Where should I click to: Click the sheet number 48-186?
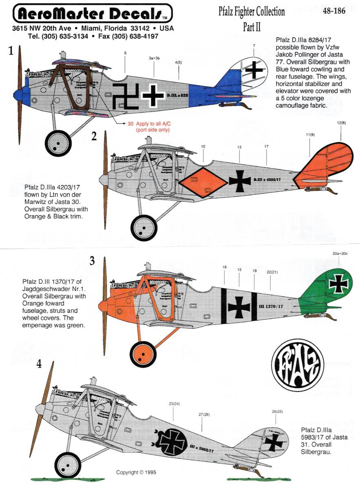pos(333,11)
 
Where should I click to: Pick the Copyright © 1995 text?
pos(136,473)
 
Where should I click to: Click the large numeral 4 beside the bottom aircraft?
pos(39,364)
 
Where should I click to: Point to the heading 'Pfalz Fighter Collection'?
pos(252,11)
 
